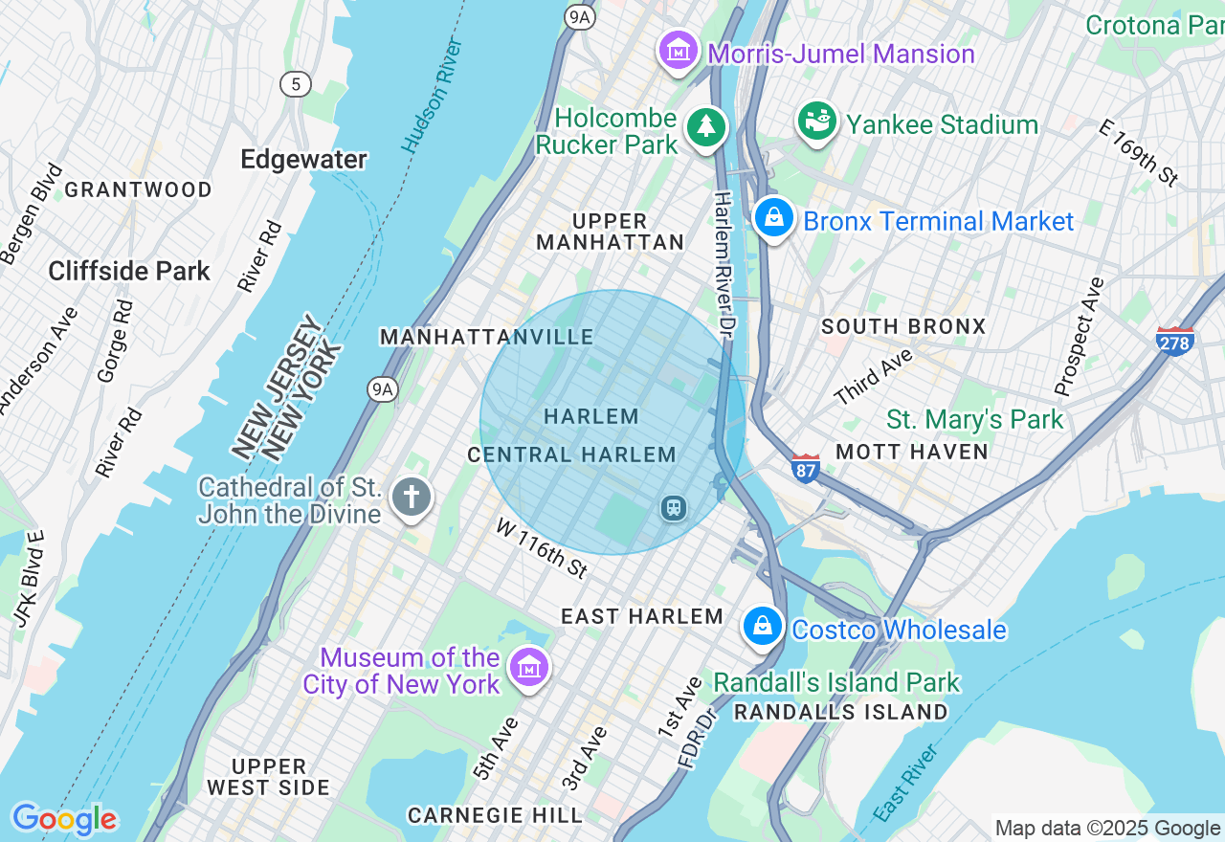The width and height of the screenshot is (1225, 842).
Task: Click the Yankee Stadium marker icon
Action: click(817, 122)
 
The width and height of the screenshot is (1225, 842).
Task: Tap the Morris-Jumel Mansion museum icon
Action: click(679, 50)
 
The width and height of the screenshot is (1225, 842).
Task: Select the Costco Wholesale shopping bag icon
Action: click(763, 627)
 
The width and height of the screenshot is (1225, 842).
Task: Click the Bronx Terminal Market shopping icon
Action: click(773, 219)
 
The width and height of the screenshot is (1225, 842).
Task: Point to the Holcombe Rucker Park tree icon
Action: click(706, 126)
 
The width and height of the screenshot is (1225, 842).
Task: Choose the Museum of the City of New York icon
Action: click(527, 668)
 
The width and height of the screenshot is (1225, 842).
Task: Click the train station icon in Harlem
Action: click(674, 507)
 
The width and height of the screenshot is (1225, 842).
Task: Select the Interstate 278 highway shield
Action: click(1174, 342)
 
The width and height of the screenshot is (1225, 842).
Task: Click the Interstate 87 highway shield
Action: click(806, 468)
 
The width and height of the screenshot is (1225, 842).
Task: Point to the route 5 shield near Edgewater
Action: click(296, 84)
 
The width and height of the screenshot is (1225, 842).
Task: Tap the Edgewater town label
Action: click(303, 159)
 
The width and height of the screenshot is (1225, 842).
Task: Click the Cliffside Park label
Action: click(129, 272)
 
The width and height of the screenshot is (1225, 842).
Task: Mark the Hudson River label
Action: click(433, 96)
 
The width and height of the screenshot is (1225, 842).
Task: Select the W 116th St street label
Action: click(541, 547)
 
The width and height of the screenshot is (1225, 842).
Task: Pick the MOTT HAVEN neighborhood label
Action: click(911, 452)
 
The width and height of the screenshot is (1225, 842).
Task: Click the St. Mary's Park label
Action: click(974, 419)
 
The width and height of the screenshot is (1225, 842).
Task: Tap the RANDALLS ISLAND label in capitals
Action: click(840, 712)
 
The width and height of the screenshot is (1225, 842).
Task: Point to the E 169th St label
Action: click(1138, 152)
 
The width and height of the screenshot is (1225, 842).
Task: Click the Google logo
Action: click(64, 819)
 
